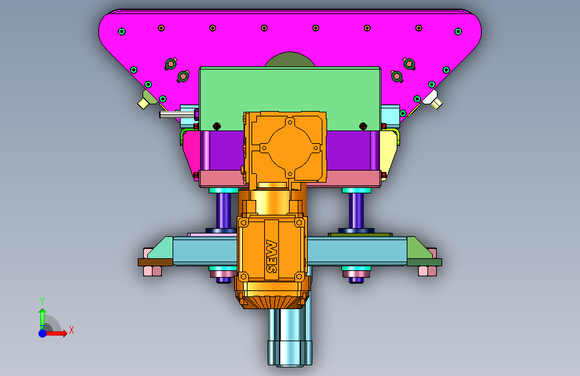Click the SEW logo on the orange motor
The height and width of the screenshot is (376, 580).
[x=272, y=256]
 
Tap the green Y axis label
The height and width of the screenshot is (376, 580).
[x=42, y=301]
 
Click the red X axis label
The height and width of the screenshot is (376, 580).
[x=72, y=330]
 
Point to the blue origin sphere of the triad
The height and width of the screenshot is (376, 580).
[x=43, y=333]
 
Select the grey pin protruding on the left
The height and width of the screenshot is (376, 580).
[x=177, y=114]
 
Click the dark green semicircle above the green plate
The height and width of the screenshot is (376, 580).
[x=290, y=60]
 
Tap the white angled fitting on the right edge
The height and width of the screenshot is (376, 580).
[x=433, y=100]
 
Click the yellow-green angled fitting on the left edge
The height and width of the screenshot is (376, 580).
[x=147, y=100]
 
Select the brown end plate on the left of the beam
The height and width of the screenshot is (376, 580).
[x=155, y=262]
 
